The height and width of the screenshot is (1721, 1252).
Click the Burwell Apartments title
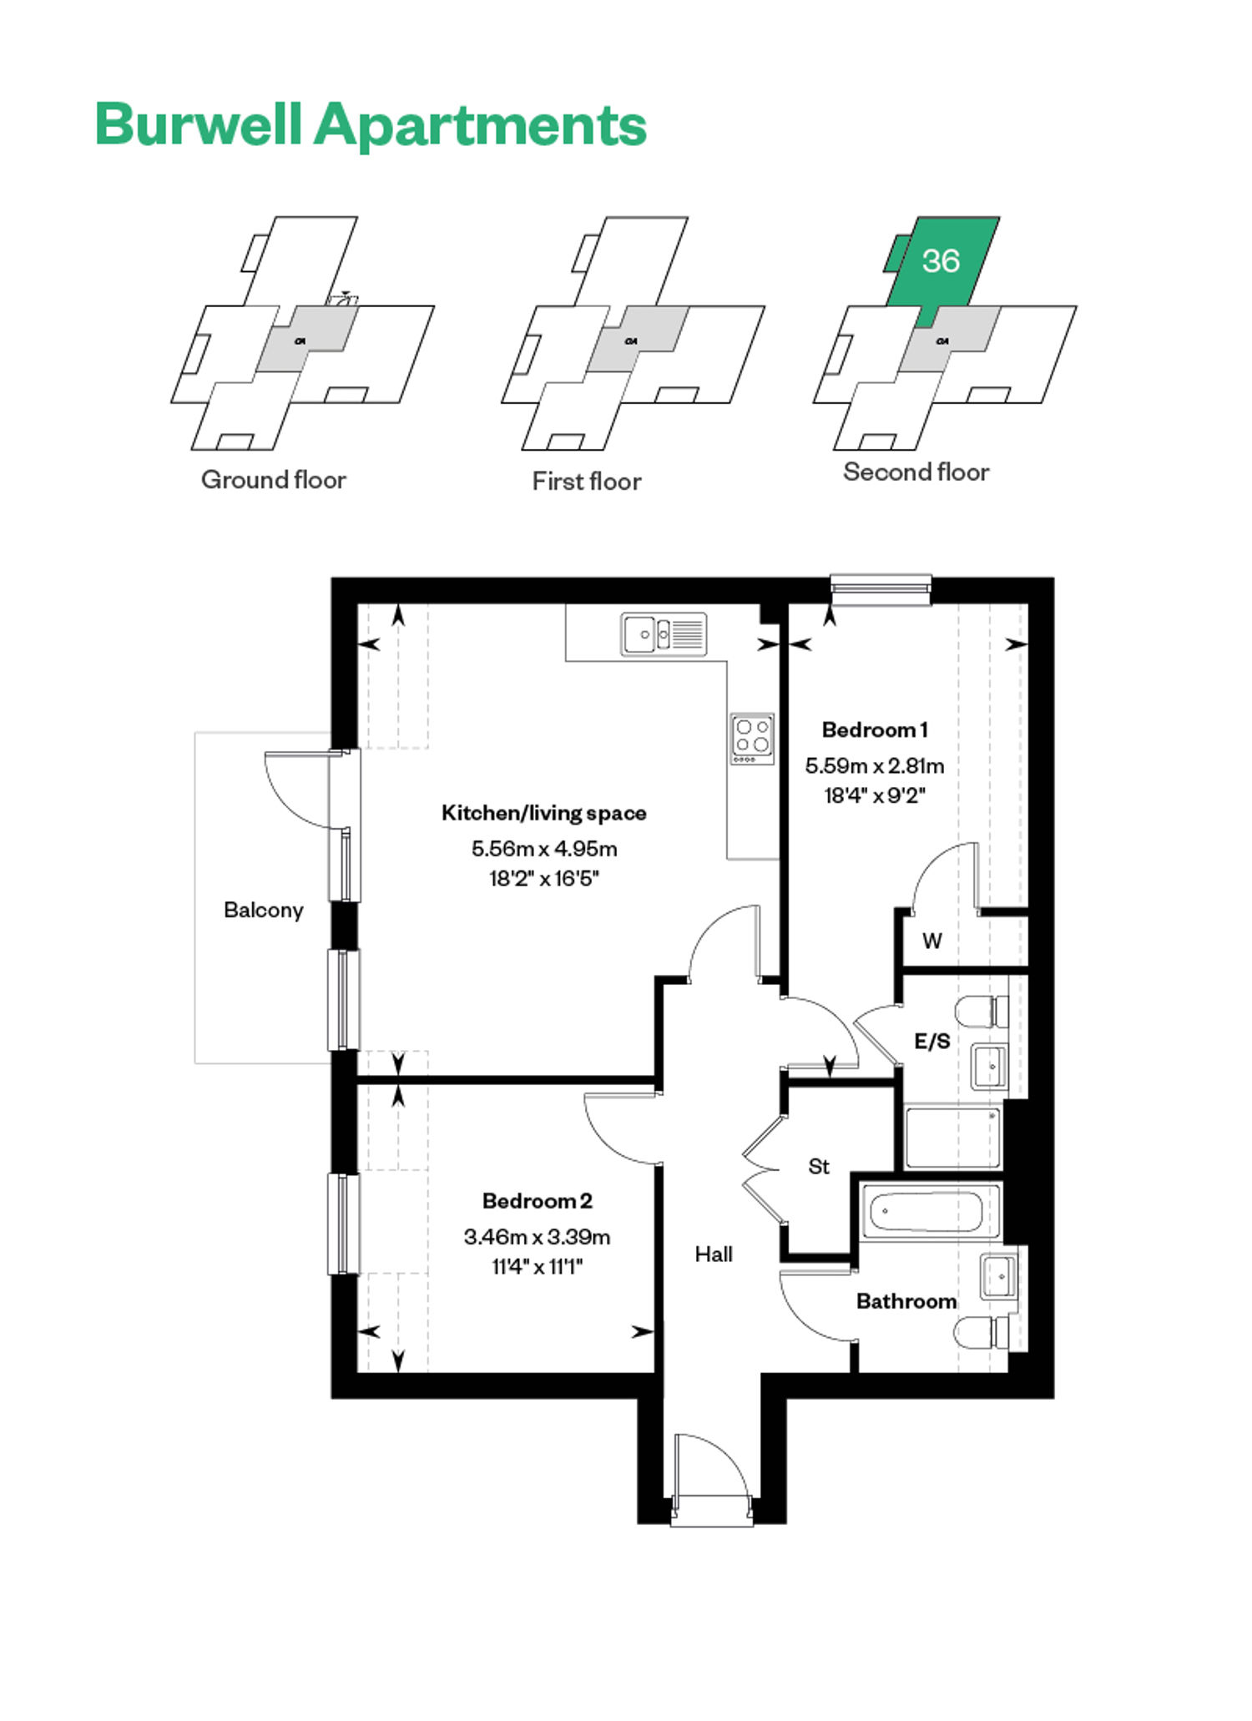pyautogui.click(x=371, y=125)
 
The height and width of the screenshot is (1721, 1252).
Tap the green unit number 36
pyautogui.click(x=941, y=261)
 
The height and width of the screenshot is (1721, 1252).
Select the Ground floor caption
pyautogui.click(x=274, y=480)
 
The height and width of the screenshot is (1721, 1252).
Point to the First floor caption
pyautogui.click(x=587, y=482)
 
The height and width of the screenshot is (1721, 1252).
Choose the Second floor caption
pyautogui.click(x=916, y=472)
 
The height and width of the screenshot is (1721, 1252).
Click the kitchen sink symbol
pyautogui.click(x=664, y=633)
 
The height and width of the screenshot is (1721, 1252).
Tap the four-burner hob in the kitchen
pyautogui.click(x=752, y=739)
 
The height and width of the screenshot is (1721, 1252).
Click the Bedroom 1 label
pyautogui.click(x=875, y=729)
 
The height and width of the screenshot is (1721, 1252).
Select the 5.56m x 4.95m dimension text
pyautogui.click(x=544, y=849)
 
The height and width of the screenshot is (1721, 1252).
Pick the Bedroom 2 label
pyautogui.click(x=538, y=1201)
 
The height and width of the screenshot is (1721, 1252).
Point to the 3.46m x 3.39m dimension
pyautogui.click(x=538, y=1237)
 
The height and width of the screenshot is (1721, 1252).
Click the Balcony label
pyautogui.click(x=263, y=910)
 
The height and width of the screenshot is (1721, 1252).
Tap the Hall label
pyautogui.click(x=714, y=1254)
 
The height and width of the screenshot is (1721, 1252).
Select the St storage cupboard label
pyautogui.click(x=819, y=1166)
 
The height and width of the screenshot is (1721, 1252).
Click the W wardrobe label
pyautogui.click(x=932, y=941)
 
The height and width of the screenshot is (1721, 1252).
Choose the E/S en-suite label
pyautogui.click(x=932, y=1041)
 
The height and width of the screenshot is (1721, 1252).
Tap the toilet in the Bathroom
pyautogui.click(x=982, y=1332)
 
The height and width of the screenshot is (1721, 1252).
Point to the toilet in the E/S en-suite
pyautogui.click(x=982, y=1012)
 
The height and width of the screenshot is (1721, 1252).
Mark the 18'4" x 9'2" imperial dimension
pyautogui.click(x=875, y=795)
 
